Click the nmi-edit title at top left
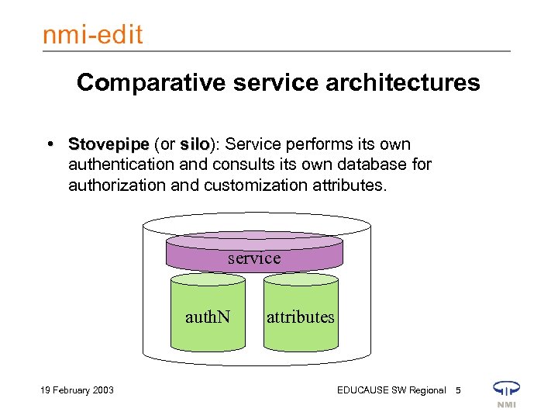coord(92,35)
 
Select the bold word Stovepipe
coord(108,145)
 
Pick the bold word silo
coord(195,145)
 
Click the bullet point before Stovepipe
coord(50,145)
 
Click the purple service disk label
coord(254,258)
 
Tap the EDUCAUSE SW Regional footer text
coord(391,390)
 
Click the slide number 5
coord(458,390)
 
